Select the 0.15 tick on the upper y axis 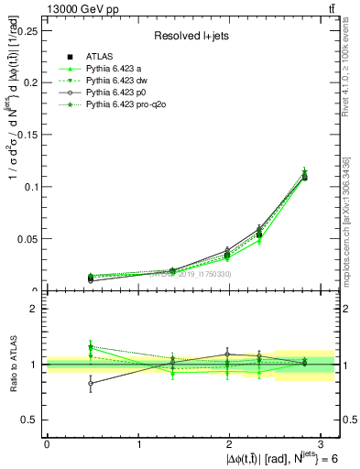coord(29,135)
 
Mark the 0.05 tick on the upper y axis coord(29,239)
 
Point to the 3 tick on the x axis coord(322,444)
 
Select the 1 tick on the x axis coord(138,444)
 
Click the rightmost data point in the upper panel coord(304,176)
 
